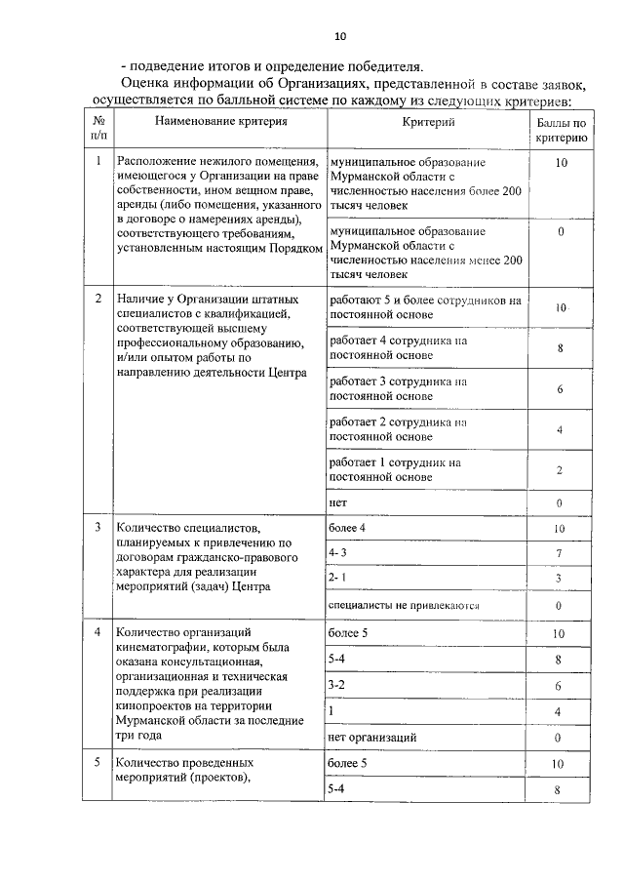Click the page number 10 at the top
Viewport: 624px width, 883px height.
click(x=340, y=37)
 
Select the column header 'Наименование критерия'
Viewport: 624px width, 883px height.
click(x=220, y=122)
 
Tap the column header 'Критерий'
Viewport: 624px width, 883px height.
click(x=429, y=122)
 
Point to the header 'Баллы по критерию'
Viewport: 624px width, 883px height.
click(x=561, y=131)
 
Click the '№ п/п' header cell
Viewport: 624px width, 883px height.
click(x=98, y=131)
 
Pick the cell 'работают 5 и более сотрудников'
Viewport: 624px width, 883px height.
click(x=426, y=307)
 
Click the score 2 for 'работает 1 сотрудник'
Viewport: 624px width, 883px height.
click(x=561, y=470)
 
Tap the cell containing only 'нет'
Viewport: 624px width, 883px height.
click(x=338, y=502)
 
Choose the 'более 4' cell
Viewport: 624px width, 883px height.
click(x=347, y=529)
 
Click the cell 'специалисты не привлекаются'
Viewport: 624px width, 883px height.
click(x=404, y=606)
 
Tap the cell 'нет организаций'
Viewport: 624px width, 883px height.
click(x=373, y=737)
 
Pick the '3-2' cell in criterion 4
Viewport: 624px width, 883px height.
click(x=338, y=686)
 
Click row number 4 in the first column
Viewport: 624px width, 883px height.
click(x=98, y=632)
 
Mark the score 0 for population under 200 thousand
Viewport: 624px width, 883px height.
click(x=561, y=232)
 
